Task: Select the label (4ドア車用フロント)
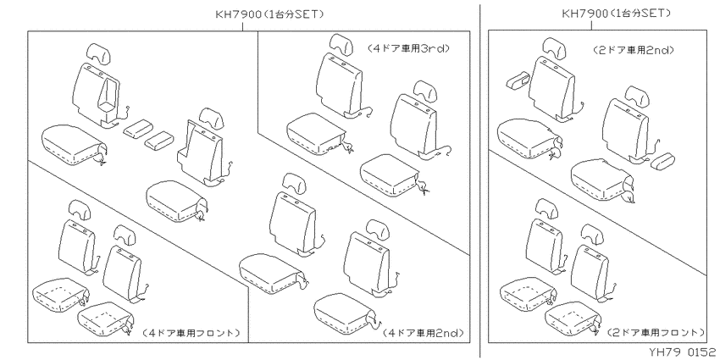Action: [190, 332]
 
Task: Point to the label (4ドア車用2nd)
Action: [423, 332]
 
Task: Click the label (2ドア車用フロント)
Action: [655, 332]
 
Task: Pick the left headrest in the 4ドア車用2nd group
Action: [292, 180]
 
